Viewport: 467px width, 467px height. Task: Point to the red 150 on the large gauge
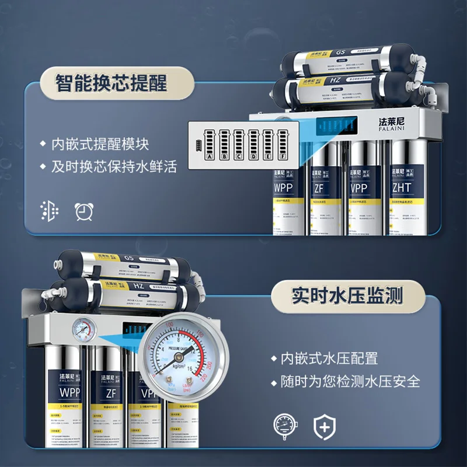200,334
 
